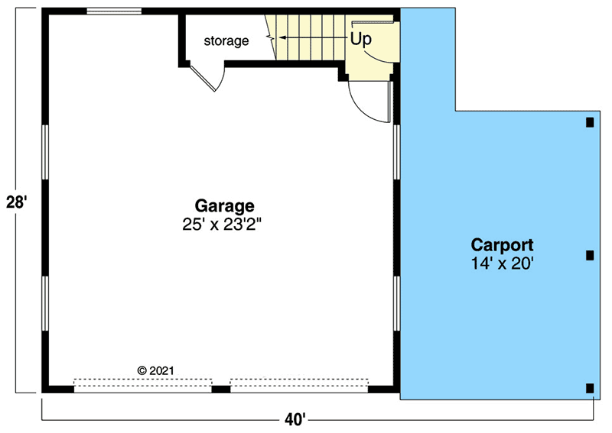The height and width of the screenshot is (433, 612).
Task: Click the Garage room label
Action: click(224, 205)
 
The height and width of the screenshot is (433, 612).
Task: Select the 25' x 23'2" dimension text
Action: click(224, 224)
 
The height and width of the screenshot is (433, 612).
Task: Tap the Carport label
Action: click(502, 245)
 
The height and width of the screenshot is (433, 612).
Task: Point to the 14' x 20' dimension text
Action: click(502, 263)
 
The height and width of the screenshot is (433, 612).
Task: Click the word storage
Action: click(226, 40)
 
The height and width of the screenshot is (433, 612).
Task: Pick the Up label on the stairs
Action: click(361, 37)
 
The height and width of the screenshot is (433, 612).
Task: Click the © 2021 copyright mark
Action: click(156, 370)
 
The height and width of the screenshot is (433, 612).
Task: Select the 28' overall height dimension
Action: click(17, 204)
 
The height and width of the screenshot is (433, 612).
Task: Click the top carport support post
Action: click(589, 122)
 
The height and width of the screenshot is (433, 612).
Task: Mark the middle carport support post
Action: click(589, 255)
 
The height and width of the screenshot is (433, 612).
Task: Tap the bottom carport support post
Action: click(589, 388)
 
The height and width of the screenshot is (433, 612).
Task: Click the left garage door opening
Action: click(142, 383)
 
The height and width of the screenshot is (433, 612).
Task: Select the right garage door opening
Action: click(299, 383)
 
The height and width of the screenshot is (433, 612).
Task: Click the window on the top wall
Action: click(114, 11)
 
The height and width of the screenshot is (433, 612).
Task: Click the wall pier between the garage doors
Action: click(221, 389)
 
